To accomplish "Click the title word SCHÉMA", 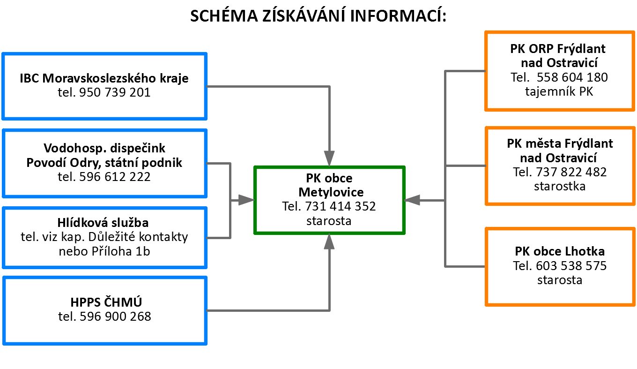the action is click(224, 15).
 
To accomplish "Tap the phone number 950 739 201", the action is click(115, 92).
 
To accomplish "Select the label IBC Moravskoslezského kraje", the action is click(104, 78).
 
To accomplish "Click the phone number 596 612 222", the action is click(115, 177).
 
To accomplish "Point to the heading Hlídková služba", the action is click(103, 222).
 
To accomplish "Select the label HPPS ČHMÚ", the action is click(106, 302).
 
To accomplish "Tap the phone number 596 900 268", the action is click(115, 316).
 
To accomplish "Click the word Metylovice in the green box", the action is click(331, 192).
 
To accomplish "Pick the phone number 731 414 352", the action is click(341, 206).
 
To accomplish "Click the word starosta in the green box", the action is click(329, 221).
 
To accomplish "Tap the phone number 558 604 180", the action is click(572, 77).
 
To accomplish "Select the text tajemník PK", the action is click(559, 91).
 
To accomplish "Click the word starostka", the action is click(560, 186).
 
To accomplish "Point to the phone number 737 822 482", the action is click(571, 172).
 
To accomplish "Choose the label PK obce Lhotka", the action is click(560, 251).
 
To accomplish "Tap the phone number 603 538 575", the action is click(571, 266).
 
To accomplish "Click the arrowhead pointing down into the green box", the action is click(329, 158).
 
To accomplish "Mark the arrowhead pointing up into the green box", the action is click(329, 242).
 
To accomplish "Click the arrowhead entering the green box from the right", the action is click(412, 200).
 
